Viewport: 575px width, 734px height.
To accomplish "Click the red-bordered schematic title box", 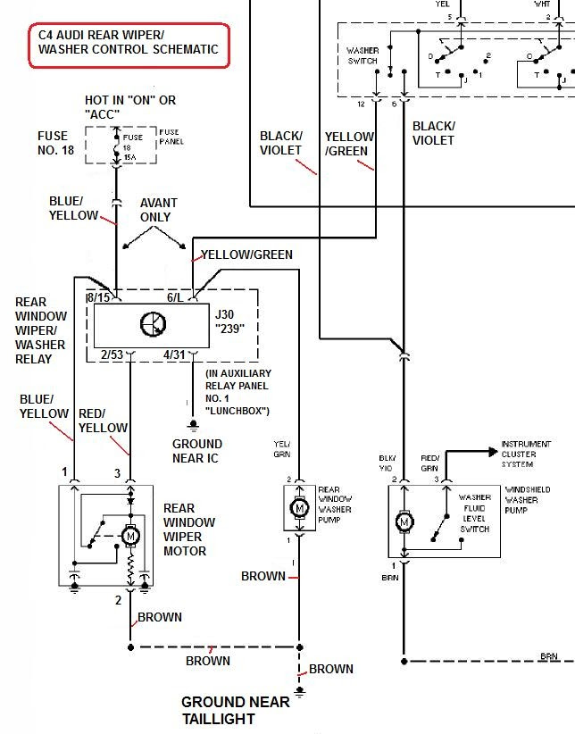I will [129, 43].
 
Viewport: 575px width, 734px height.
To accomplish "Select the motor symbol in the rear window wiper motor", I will [130, 536].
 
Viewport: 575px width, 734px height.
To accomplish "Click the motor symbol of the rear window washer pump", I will [299, 508].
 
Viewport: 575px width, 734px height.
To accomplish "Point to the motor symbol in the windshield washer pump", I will [404, 521].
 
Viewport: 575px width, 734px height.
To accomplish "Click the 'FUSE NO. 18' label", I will [53, 143].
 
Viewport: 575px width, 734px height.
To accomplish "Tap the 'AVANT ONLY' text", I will [158, 210].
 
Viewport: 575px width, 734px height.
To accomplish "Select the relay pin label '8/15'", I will [97, 297].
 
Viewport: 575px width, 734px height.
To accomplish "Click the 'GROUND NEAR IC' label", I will [197, 451].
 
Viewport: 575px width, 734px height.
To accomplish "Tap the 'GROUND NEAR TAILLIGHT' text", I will [235, 710].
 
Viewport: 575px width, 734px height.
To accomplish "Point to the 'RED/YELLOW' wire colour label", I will [103, 421].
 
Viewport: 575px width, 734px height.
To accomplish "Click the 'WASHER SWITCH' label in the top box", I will [362, 55].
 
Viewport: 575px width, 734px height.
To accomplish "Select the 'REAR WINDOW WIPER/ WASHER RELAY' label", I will [40, 330].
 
